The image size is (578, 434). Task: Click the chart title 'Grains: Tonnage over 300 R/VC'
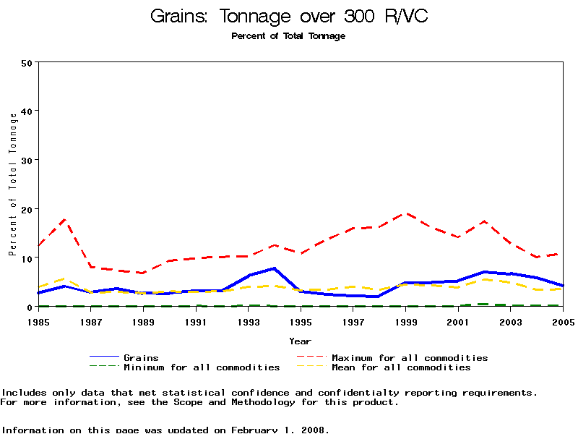tap(288, 16)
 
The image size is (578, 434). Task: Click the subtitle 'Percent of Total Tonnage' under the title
tap(288, 36)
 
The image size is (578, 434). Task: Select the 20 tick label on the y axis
tap(27, 209)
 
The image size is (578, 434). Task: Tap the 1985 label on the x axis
tap(38, 320)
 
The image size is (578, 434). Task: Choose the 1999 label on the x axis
tap(406, 320)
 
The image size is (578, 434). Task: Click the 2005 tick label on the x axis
tap(564, 320)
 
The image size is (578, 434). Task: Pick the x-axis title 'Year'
tap(301, 341)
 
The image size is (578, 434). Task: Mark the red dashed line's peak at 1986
tap(65, 218)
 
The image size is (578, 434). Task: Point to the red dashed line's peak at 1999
tap(406, 213)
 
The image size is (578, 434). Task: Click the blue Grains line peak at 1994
tap(275, 268)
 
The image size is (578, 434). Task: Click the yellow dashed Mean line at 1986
tap(65, 278)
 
